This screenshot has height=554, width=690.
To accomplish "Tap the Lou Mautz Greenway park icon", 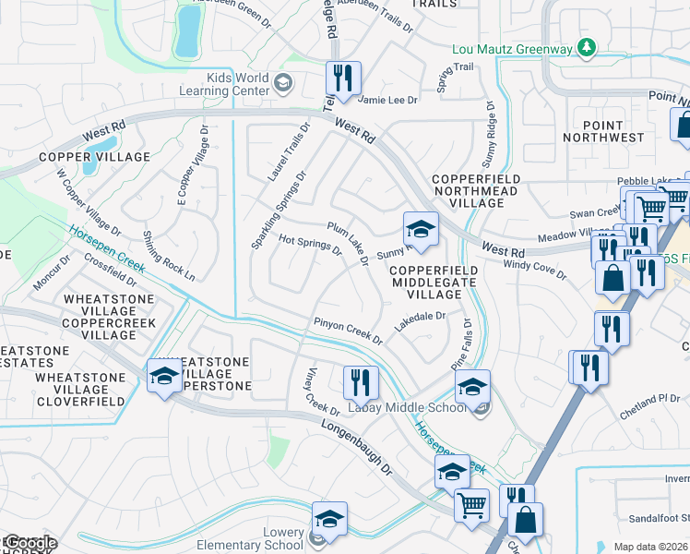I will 586,48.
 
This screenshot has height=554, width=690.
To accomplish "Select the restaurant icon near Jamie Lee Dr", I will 345,79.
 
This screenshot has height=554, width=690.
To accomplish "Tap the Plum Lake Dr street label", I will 348,243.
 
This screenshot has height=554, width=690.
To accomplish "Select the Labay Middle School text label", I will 406,408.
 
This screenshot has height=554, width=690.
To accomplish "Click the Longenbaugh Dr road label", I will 357,448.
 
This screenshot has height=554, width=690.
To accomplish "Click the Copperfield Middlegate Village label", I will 434,282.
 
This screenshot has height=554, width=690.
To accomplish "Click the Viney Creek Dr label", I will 324,391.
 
